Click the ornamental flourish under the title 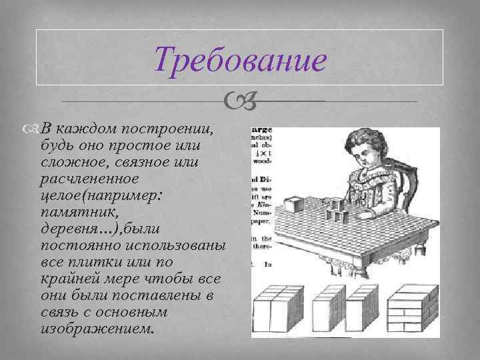(240, 102)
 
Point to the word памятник (73, 212)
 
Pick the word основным (157, 312)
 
